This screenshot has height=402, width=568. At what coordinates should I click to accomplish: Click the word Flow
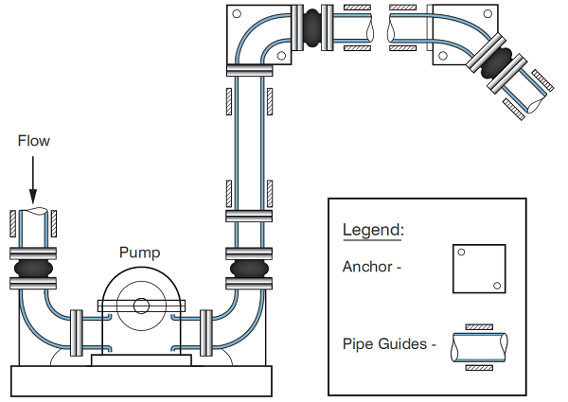[34, 141]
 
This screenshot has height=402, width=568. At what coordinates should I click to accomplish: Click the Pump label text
[139, 253]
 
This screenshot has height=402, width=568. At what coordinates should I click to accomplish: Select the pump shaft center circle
[140, 306]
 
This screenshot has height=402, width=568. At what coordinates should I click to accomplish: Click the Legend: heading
[372, 230]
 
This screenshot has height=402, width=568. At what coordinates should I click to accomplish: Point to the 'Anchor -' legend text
[372, 266]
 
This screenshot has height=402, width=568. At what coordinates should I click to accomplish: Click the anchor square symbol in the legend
[479, 271]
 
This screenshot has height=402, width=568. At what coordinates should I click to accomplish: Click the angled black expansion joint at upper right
[500, 63]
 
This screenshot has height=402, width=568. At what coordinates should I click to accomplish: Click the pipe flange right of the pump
[205, 331]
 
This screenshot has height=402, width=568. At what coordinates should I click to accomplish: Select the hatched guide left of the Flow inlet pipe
[12, 222]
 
